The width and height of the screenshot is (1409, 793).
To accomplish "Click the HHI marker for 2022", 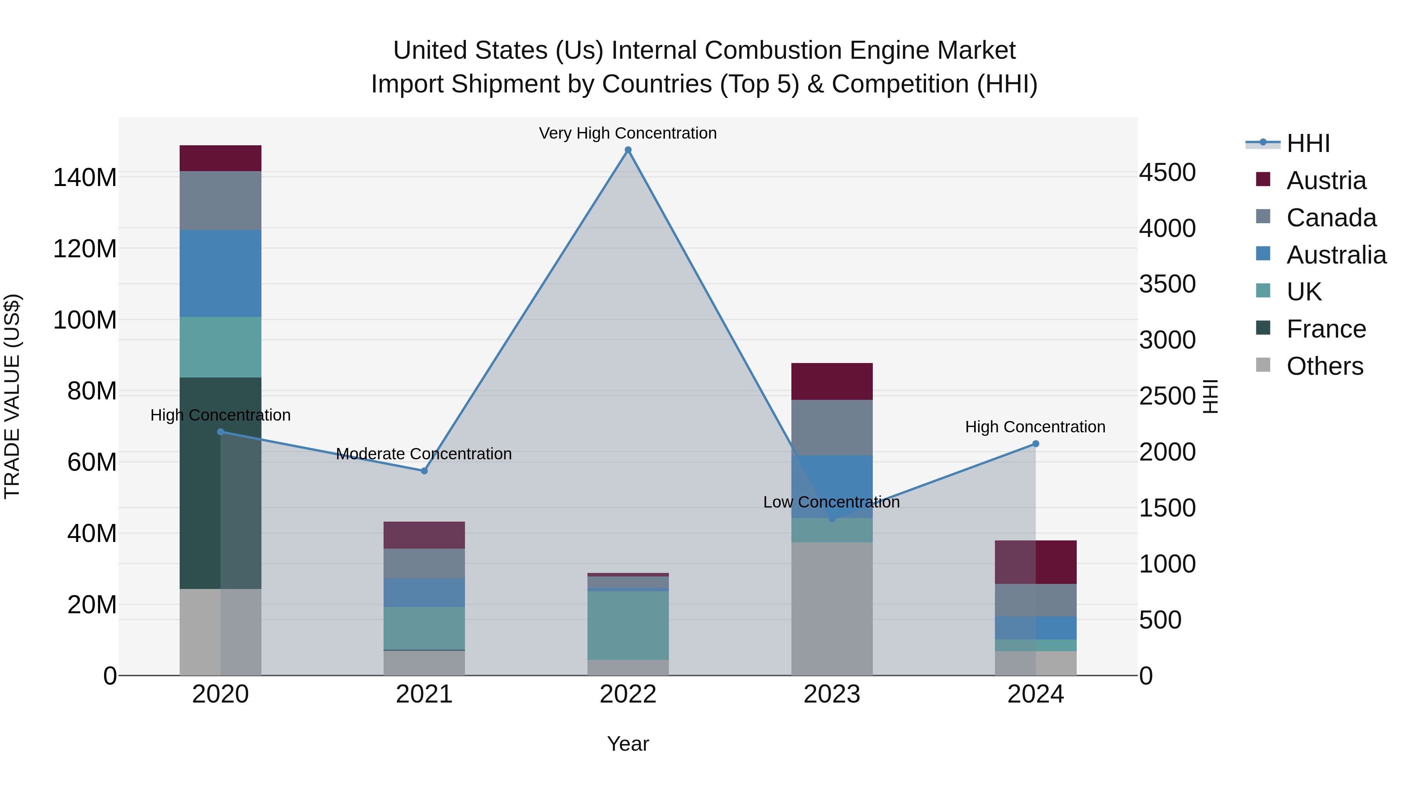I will (628, 150).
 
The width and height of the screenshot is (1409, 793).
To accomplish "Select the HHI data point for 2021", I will (424, 471).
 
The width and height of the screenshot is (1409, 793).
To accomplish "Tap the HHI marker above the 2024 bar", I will (1035, 444).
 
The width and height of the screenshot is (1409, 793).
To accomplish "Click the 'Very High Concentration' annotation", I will (627, 133).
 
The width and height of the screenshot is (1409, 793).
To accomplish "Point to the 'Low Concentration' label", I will (831, 502).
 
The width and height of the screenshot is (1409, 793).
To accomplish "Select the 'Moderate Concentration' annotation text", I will (423, 454).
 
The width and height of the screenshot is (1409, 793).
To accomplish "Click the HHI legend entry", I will (1307, 143).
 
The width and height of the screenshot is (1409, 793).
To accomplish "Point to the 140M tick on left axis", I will (85, 178).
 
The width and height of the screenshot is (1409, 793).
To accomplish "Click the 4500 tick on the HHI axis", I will (1167, 172).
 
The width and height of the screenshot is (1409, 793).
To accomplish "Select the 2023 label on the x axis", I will (831, 694).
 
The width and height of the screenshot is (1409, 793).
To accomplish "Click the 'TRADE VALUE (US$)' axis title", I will (12, 396).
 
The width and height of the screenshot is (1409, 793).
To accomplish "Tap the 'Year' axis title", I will (627, 744).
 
